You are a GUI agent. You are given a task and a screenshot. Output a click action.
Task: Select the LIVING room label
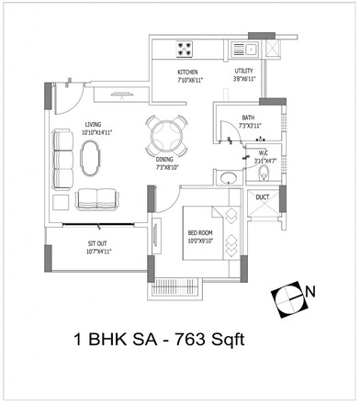pos(94,125)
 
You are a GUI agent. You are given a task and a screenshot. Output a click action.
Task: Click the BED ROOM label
pos(199,233)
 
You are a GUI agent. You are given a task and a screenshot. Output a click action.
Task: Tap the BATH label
pos(248,118)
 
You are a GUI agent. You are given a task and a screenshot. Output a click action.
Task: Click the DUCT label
pos(263,196)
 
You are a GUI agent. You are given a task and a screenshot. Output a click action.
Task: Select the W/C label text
pos(262,152)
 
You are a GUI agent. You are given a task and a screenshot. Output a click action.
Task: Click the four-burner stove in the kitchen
pos(182,48)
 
